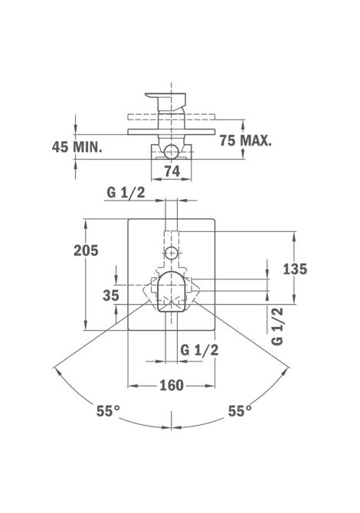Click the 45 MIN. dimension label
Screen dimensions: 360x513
click(77, 147)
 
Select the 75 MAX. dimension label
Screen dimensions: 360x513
click(245, 140)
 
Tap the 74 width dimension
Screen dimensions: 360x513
click(172, 171)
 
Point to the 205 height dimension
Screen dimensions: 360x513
click(86, 250)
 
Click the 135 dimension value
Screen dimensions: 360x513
click(295, 269)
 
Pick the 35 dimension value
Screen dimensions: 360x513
click(111, 296)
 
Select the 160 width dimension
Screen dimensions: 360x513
click(172, 385)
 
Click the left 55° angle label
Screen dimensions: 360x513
click(108, 410)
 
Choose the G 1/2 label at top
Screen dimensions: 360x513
click(126, 192)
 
